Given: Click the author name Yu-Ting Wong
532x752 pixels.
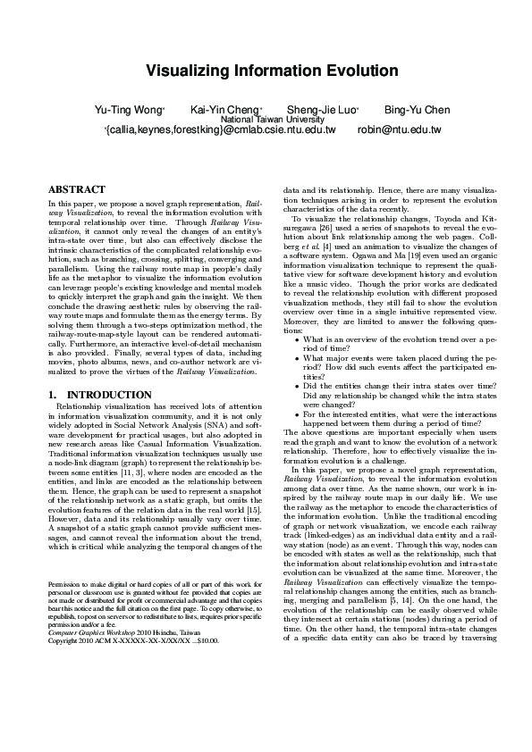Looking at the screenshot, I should point(129,110).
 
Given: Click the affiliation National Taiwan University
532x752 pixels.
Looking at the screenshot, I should point(272,120).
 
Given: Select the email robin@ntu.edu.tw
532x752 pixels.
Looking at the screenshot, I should point(399,130).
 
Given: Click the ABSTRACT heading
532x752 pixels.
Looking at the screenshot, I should point(76,190).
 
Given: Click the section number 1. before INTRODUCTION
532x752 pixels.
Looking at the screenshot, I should point(52,394).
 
